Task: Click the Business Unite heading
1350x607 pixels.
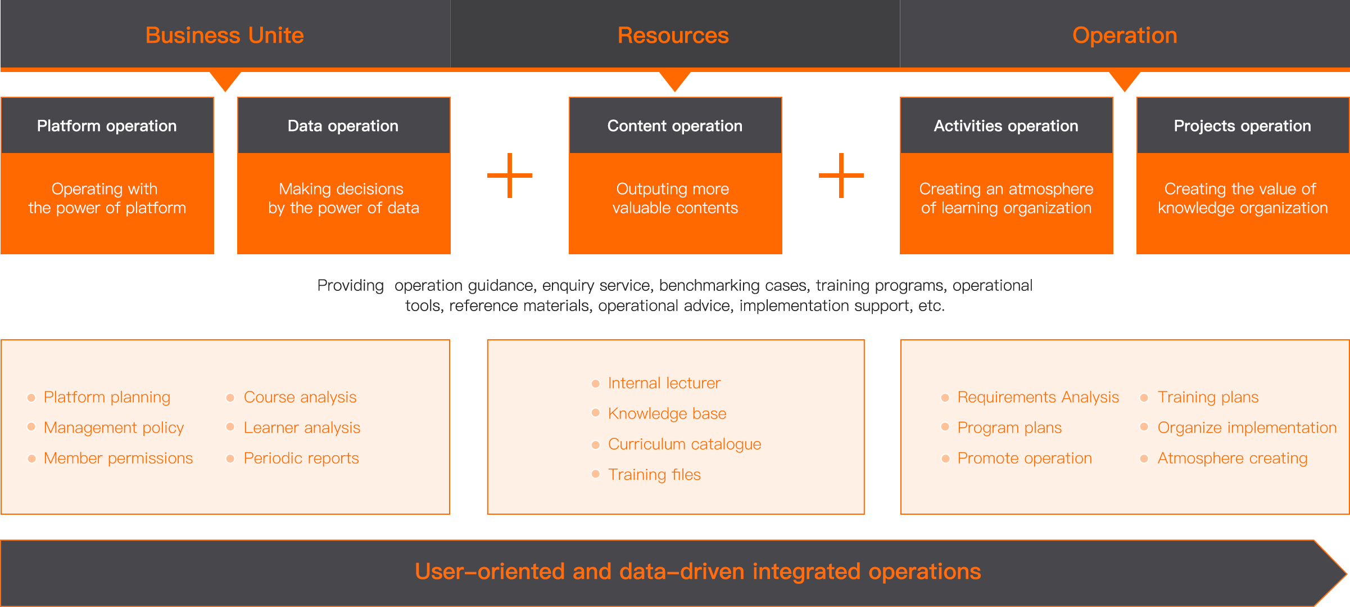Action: click(x=225, y=35)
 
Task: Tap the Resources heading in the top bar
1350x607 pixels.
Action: click(x=673, y=35)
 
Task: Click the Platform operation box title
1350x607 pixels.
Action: click(x=107, y=126)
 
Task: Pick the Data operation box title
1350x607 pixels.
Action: click(x=343, y=126)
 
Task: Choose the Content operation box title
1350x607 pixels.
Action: click(x=675, y=126)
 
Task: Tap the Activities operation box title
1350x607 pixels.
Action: click(x=1006, y=126)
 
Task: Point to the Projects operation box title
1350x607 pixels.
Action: click(x=1243, y=126)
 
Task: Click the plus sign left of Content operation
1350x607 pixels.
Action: click(x=510, y=176)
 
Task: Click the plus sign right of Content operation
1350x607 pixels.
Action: click(x=841, y=176)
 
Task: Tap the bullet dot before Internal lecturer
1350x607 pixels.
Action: click(x=596, y=384)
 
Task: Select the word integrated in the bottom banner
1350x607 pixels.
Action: click(x=807, y=572)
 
